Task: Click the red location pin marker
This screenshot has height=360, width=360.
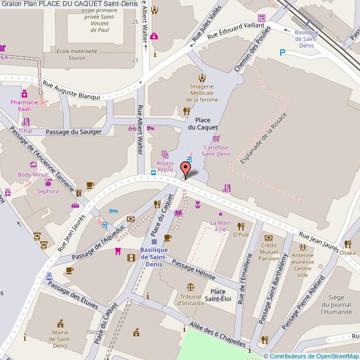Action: coord(186,168)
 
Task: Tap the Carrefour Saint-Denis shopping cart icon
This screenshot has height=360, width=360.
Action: coord(216,138)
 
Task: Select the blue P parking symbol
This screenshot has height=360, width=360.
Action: coord(282,53)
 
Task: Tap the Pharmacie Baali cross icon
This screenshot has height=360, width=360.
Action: coord(25,94)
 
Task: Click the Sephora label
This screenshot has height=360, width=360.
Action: coord(48,191)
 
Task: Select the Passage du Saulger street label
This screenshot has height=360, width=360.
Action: coord(74,132)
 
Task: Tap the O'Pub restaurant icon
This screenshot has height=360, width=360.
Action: coord(240,225)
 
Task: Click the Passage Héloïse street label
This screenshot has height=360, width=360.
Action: coord(194,269)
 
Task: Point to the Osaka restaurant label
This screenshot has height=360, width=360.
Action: coord(348,253)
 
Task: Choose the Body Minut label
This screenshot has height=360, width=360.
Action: coord(33,174)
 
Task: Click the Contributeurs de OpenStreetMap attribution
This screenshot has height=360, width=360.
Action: coord(311,356)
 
